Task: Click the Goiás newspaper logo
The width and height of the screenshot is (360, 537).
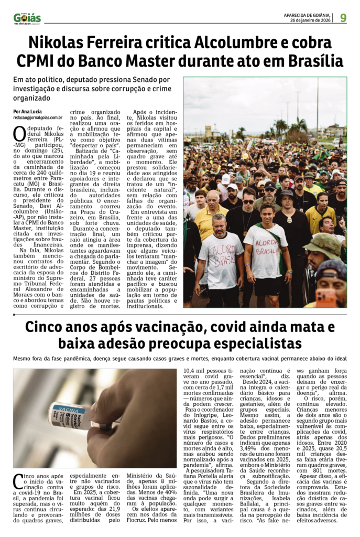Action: tap(27, 18)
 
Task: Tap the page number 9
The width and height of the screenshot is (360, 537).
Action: tap(343, 17)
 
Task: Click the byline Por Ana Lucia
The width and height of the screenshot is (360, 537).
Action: tap(28, 111)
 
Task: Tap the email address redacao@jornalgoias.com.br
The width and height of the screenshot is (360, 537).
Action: tap(38, 118)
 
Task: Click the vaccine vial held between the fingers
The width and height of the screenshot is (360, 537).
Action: tap(71, 416)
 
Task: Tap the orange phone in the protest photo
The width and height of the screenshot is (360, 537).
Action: tap(326, 297)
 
